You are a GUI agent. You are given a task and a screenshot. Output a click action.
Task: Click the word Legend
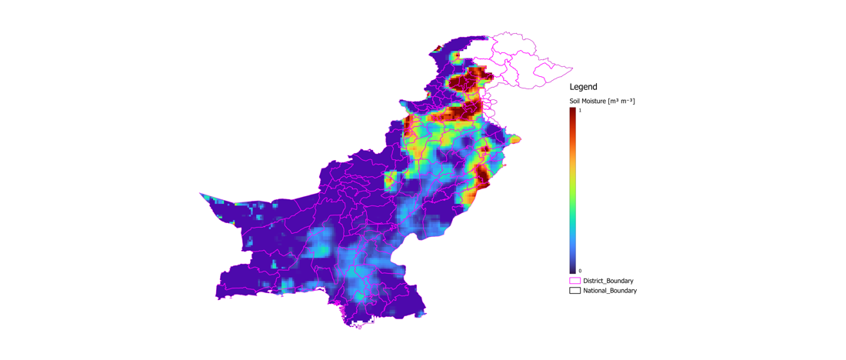(x=583, y=87)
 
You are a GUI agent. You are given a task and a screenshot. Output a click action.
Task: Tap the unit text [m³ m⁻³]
(x=621, y=101)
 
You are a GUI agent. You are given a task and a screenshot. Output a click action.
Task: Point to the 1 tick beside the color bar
(x=580, y=111)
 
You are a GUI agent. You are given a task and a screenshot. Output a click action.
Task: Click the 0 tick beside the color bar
(x=580, y=271)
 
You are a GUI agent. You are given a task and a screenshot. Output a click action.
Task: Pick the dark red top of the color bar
(x=573, y=112)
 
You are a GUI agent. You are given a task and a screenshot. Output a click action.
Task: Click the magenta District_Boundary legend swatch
(x=575, y=281)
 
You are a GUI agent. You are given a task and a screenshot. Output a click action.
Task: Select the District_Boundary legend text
(x=608, y=281)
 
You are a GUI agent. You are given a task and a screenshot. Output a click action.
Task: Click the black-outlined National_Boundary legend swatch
(x=575, y=291)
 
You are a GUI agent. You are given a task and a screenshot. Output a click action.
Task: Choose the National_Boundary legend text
(x=610, y=291)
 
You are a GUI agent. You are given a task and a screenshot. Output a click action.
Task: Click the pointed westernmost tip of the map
(x=200, y=193)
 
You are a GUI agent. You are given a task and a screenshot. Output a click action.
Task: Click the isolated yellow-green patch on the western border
(x=390, y=181)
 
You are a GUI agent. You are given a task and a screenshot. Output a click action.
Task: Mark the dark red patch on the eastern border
(x=481, y=176)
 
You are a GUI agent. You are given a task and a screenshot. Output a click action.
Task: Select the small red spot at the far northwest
(x=438, y=49)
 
